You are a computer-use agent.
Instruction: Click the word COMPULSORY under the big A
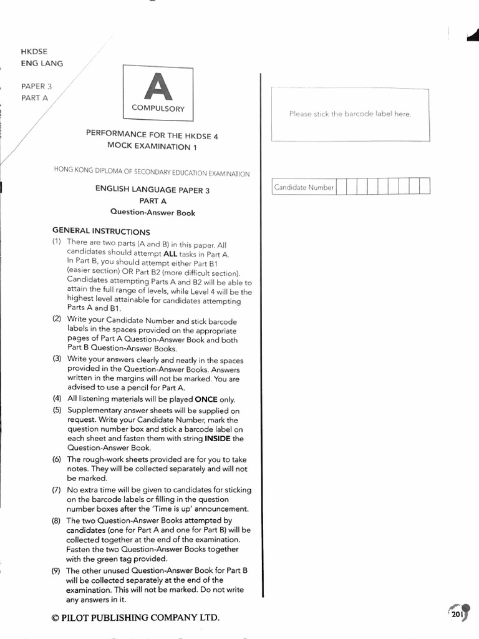click(158, 109)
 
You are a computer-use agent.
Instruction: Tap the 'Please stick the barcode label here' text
click(350, 114)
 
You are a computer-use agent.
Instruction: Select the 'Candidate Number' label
click(304, 187)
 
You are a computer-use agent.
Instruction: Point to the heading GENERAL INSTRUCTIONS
click(100, 231)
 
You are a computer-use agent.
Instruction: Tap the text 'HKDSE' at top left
click(34, 51)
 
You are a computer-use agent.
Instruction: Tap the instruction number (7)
click(57, 490)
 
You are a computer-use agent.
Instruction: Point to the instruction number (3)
click(57, 359)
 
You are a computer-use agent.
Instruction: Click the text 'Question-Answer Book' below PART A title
click(152, 213)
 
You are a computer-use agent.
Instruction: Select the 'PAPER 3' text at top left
click(37, 86)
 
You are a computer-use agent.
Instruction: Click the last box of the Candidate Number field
click(425, 187)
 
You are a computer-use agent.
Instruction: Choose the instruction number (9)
click(57, 570)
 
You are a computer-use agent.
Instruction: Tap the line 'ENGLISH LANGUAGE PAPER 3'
click(152, 190)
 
